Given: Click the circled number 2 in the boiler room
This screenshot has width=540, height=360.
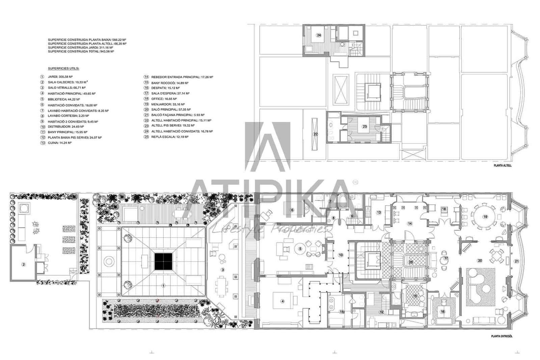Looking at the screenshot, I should pos(24,264).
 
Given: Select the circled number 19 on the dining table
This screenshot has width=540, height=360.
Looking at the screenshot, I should pos(485,217).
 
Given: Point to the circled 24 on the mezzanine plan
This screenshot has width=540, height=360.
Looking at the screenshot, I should pos(318,35).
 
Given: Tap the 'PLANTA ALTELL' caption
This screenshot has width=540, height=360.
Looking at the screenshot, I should pos(503,165).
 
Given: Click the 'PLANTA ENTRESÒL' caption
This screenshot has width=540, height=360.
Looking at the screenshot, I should pos(502,336).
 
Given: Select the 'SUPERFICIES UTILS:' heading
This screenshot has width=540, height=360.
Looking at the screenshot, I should pos(63,68).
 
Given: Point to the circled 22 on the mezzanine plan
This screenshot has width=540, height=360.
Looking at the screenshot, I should pos(316,134).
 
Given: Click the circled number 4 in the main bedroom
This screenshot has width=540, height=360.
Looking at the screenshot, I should pos(283,301).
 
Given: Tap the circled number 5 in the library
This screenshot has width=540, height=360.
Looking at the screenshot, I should pos(300,249).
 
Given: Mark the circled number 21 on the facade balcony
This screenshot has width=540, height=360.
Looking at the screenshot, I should pos(517,261).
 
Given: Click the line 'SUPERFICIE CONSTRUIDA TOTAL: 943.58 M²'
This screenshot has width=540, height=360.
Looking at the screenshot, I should pos(81,51).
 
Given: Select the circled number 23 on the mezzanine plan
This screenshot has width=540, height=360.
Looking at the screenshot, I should pos(364,126).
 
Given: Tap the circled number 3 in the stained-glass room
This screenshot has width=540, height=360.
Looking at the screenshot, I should pos(222,269).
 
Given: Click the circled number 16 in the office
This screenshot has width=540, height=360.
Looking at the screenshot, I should pos(443,312).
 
